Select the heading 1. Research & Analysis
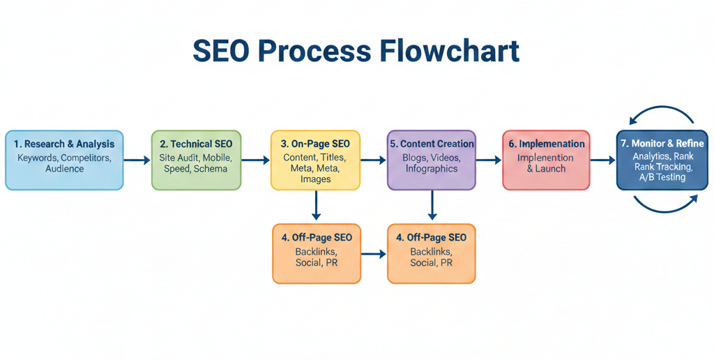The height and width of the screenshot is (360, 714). [x=64, y=144]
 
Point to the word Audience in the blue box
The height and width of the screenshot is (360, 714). [x=64, y=169]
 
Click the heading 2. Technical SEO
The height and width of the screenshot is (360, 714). [x=196, y=144]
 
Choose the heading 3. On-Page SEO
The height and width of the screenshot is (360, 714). [x=315, y=144]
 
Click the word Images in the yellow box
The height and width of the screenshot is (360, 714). [x=315, y=179]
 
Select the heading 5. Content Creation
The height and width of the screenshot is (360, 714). [x=432, y=144]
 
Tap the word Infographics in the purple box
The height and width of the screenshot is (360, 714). [x=432, y=169]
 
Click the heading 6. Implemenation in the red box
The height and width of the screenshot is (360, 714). [x=546, y=144]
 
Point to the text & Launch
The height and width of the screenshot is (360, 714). [x=546, y=169]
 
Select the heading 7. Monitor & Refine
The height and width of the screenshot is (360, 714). [x=662, y=144]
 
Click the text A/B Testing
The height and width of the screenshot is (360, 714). [x=662, y=177]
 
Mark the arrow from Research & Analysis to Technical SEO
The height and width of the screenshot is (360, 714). [x=137, y=160]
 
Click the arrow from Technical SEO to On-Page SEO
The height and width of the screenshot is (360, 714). [x=255, y=160]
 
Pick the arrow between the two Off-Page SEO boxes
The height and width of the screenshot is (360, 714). [x=374, y=254]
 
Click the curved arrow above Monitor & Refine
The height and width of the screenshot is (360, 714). [x=662, y=112]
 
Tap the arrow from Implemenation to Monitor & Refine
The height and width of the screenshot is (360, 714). [x=603, y=160]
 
